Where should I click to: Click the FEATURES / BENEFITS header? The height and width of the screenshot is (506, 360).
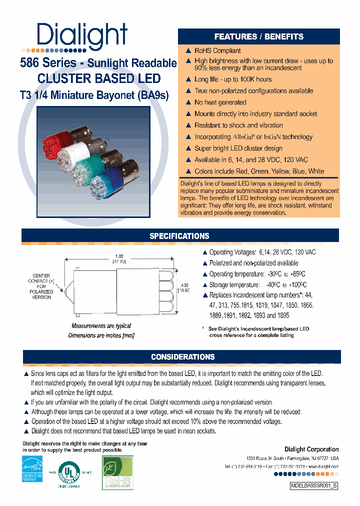pyautogui.click(x=258, y=36)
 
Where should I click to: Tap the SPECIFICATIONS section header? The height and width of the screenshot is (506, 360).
pyautogui.click(x=179, y=236)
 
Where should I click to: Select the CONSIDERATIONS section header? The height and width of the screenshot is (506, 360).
pyautogui.click(x=182, y=356)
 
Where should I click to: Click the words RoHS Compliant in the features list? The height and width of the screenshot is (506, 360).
pyautogui.click(x=217, y=50)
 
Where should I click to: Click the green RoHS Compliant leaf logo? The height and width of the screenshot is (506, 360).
pyautogui.click(x=117, y=471)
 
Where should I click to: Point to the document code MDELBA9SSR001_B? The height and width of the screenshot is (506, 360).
pyautogui.click(x=313, y=485)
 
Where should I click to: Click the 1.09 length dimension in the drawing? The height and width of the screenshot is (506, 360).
pyautogui.click(x=118, y=257)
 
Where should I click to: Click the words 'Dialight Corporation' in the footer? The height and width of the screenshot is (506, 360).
pyautogui.click(x=311, y=449)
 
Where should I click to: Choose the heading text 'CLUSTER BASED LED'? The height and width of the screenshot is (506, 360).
pyautogui.click(x=99, y=78)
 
